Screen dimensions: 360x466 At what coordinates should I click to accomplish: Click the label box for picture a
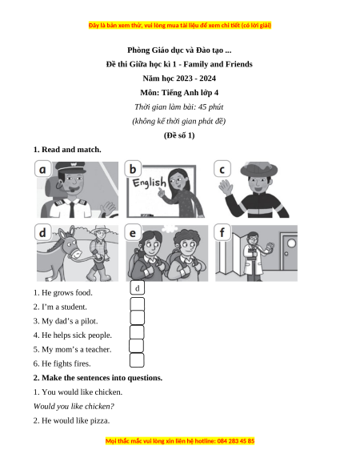(x=42, y=169)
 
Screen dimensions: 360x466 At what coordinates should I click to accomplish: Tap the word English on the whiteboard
(x=149, y=183)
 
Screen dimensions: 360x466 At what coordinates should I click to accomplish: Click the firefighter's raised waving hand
(x=226, y=187)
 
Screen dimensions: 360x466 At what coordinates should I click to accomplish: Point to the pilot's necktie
(x=72, y=209)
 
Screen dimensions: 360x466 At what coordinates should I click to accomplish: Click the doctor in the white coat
(x=254, y=256)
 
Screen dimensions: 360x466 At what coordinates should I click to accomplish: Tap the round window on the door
(x=291, y=243)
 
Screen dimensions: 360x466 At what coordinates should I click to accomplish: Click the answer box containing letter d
(x=138, y=288)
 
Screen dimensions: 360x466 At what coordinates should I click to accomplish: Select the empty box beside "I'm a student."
(x=138, y=304)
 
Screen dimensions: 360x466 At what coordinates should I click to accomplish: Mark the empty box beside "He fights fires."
(x=137, y=360)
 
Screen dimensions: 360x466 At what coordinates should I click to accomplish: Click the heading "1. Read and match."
(x=67, y=150)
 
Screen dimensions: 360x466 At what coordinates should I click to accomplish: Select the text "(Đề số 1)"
(x=179, y=135)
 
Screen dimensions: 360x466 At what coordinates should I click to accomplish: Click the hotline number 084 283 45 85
(x=235, y=440)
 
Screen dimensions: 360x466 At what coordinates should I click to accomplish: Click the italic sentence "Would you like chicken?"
(x=74, y=406)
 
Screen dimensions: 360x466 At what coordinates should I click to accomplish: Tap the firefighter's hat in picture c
(x=258, y=169)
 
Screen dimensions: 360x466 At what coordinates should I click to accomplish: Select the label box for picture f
(x=222, y=232)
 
